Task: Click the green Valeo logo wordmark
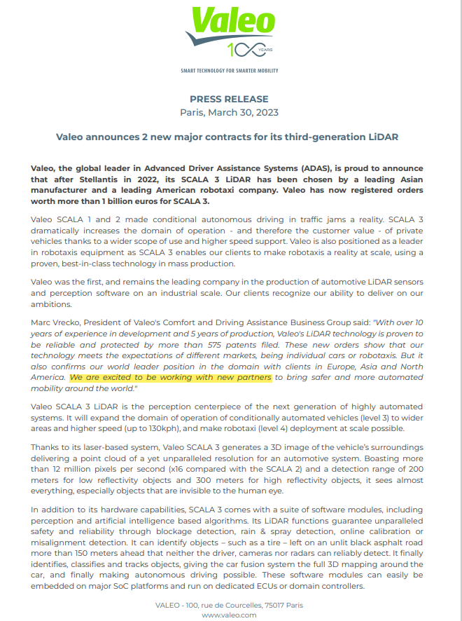coord(229,22)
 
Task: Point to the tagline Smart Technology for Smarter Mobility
coord(229,71)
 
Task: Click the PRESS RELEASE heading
coord(229,99)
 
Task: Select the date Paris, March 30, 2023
coord(229,112)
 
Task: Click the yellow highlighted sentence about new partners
coord(170,378)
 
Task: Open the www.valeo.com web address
coord(229,615)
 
